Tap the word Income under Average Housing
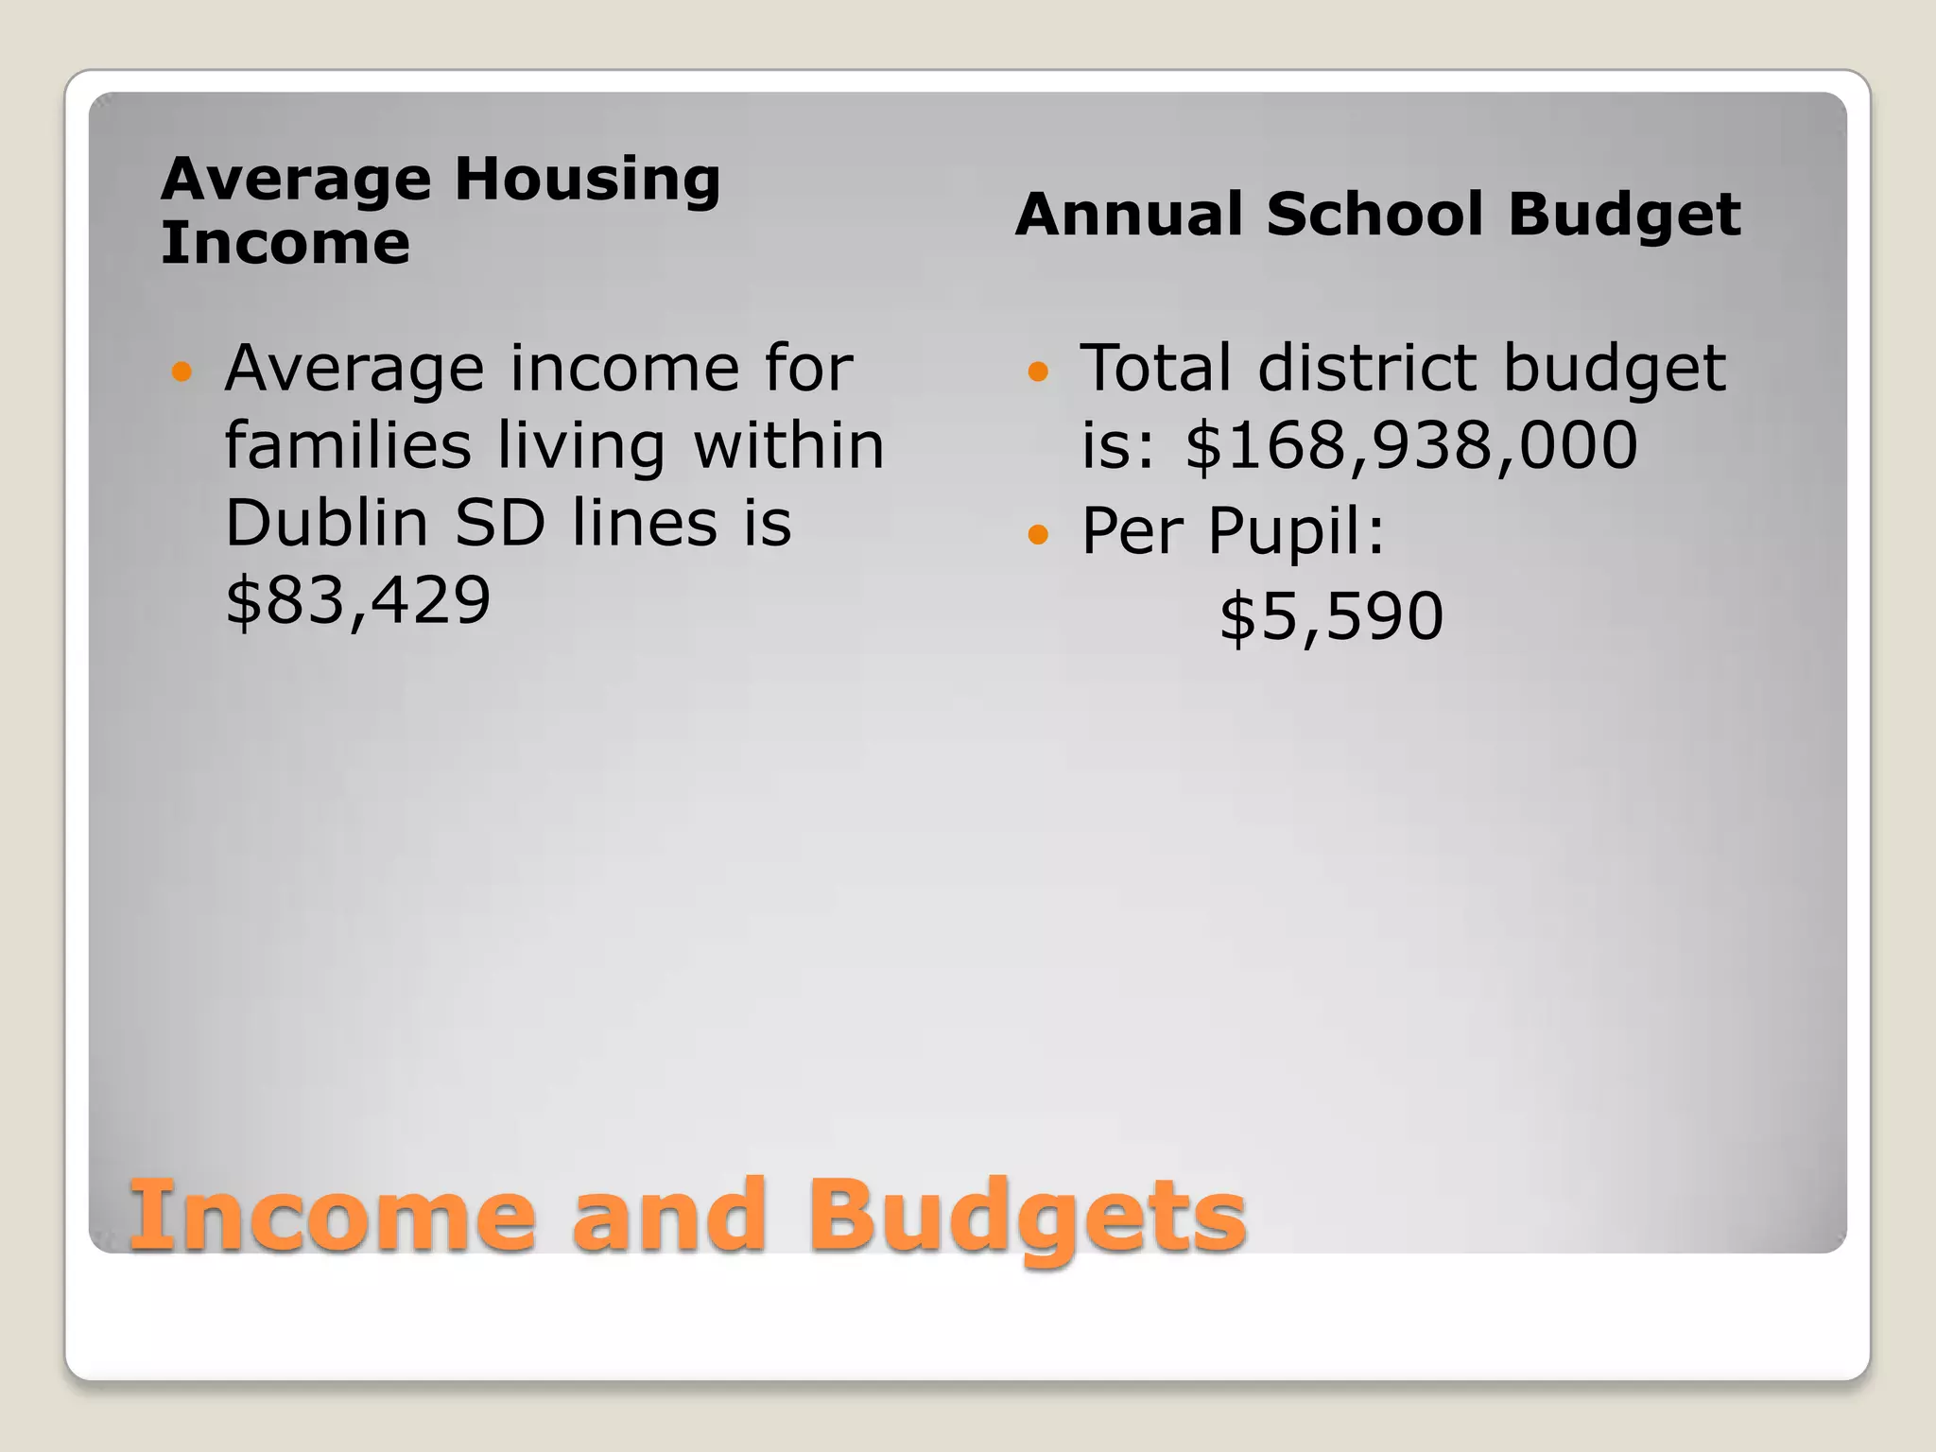tap(285, 243)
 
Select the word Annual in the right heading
tap(1130, 215)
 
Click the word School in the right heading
tap(1375, 215)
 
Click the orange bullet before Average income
tap(181, 372)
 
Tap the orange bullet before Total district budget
tap(1038, 372)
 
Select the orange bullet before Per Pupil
tap(1038, 535)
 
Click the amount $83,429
tap(357, 600)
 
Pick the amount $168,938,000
tap(1410, 445)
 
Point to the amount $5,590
tap(1331, 617)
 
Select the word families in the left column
tap(347, 445)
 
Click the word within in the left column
tap(789, 445)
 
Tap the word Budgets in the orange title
tap(1027, 1217)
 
